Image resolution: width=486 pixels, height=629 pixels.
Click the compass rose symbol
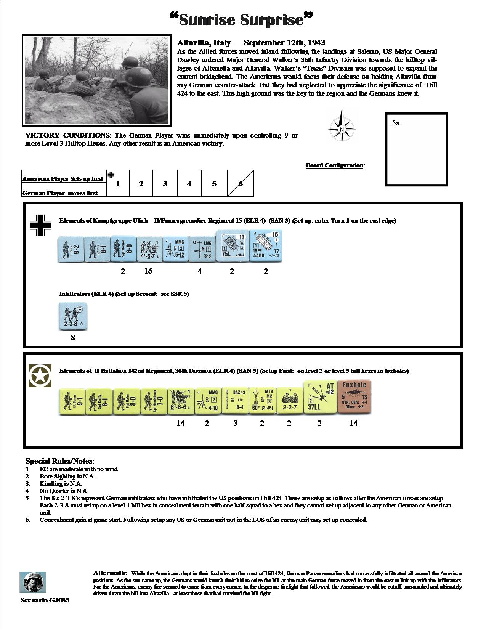342,126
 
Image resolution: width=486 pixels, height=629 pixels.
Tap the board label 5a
396,123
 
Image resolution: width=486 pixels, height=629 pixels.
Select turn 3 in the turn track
165,184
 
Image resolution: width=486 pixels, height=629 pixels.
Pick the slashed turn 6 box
241,184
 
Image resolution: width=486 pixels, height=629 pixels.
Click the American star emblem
40,376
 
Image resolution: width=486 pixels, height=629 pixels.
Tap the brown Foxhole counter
354,398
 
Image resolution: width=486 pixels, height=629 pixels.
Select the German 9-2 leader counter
71,249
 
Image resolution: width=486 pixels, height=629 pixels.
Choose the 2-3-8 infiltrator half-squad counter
73,317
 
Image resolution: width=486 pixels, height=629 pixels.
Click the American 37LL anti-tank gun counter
319,398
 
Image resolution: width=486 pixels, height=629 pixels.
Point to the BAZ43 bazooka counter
235,401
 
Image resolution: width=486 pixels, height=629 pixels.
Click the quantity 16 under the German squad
148,271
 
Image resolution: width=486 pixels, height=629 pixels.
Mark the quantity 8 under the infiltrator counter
73,337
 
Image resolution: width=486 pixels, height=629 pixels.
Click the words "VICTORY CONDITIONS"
67,135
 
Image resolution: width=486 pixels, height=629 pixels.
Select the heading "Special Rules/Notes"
60,461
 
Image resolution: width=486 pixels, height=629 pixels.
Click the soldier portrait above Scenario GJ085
33,582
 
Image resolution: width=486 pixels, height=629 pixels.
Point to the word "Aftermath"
110,573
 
